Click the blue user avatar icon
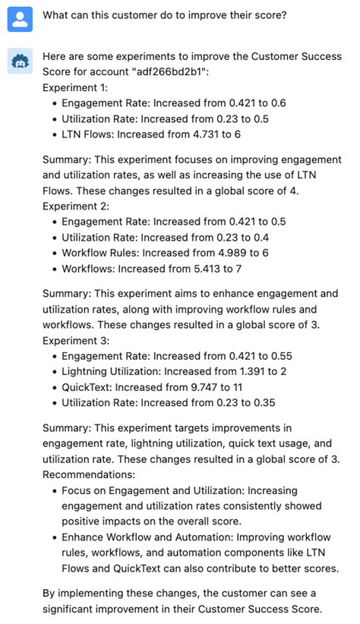[x=20, y=20]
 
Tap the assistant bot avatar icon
[x=20, y=62]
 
